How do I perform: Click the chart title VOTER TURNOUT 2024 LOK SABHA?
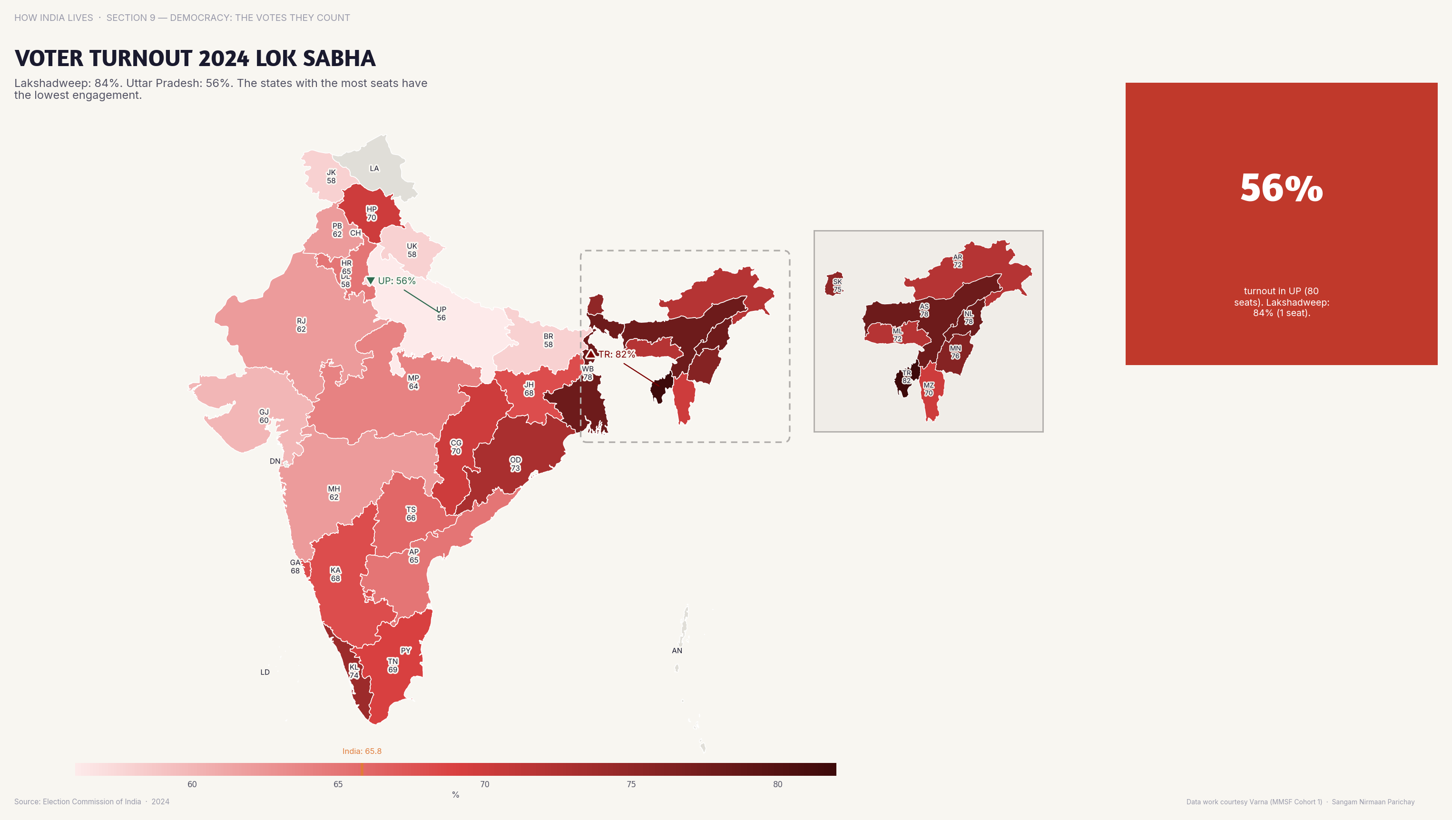coord(195,58)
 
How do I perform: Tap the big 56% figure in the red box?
coord(1281,188)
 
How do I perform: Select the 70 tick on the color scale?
coord(484,784)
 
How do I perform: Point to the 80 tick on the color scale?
coord(777,784)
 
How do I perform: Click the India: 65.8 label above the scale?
coord(362,751)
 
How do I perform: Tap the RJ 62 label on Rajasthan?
coord(302,325)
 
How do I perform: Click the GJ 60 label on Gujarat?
coord(264,416)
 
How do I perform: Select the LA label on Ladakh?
coord(374,168)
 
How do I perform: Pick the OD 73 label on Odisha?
coord(515,464)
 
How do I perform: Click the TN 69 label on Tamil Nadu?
coord(393,665)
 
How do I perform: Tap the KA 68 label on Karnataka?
coord(335,574)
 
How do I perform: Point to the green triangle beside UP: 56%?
coord(370,280)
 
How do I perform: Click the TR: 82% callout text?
coord(617,354)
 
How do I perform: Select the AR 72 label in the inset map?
coord(958,261)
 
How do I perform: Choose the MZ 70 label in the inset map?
coord(928,389)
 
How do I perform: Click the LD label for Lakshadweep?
coord(265,672)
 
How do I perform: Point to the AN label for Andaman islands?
coord(677,650)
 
